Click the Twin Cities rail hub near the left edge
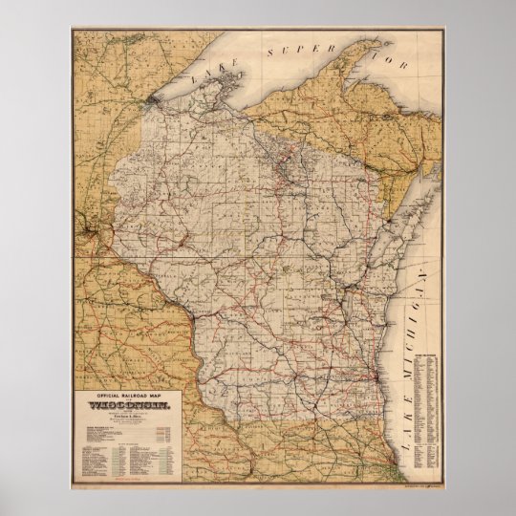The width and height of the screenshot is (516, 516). pyautogui.click(x=89, y=230)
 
